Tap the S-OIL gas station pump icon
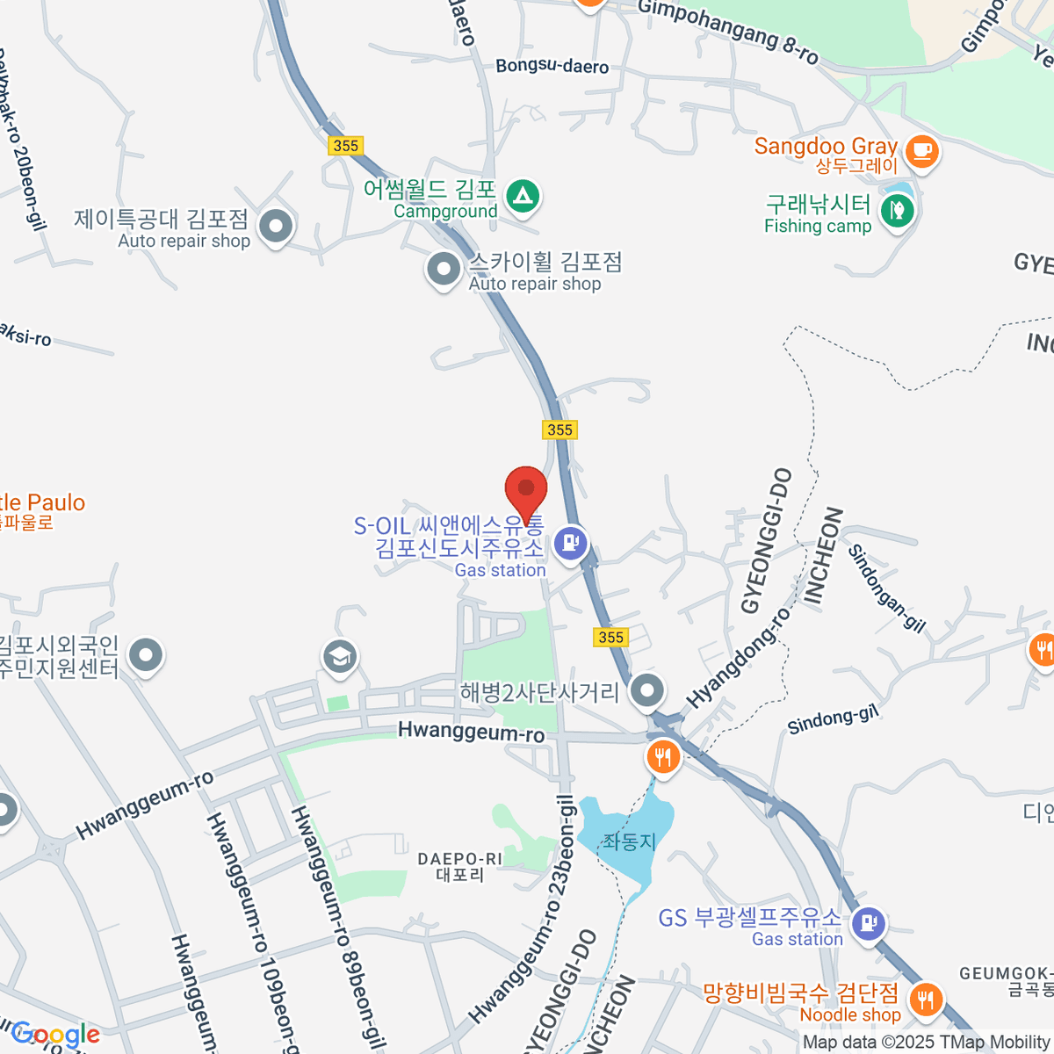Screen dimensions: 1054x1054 [x=570, y=543]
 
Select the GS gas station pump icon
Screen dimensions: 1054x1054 [x=868, y=923]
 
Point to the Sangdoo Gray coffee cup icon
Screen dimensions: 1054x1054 [x=921, y=150]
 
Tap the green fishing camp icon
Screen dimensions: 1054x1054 [x=897, y=211]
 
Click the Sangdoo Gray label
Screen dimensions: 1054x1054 [x=826, y=147]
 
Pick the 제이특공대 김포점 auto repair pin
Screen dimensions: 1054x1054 [x=276, y=227]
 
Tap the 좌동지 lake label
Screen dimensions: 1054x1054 [x=629, y=841]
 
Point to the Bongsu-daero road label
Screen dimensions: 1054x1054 [x=552, y=66]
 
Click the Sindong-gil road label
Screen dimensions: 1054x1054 [x=832, y=720]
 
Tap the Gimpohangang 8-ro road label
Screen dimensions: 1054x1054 [x=728, y=32]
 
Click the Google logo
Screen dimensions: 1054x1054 [x=56, y=1035]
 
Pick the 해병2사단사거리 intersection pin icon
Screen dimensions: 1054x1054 [x=648, y=690]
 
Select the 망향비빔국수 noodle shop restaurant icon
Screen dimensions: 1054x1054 [x=925, y=999]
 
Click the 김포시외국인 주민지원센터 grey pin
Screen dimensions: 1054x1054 [x=146, y=655]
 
